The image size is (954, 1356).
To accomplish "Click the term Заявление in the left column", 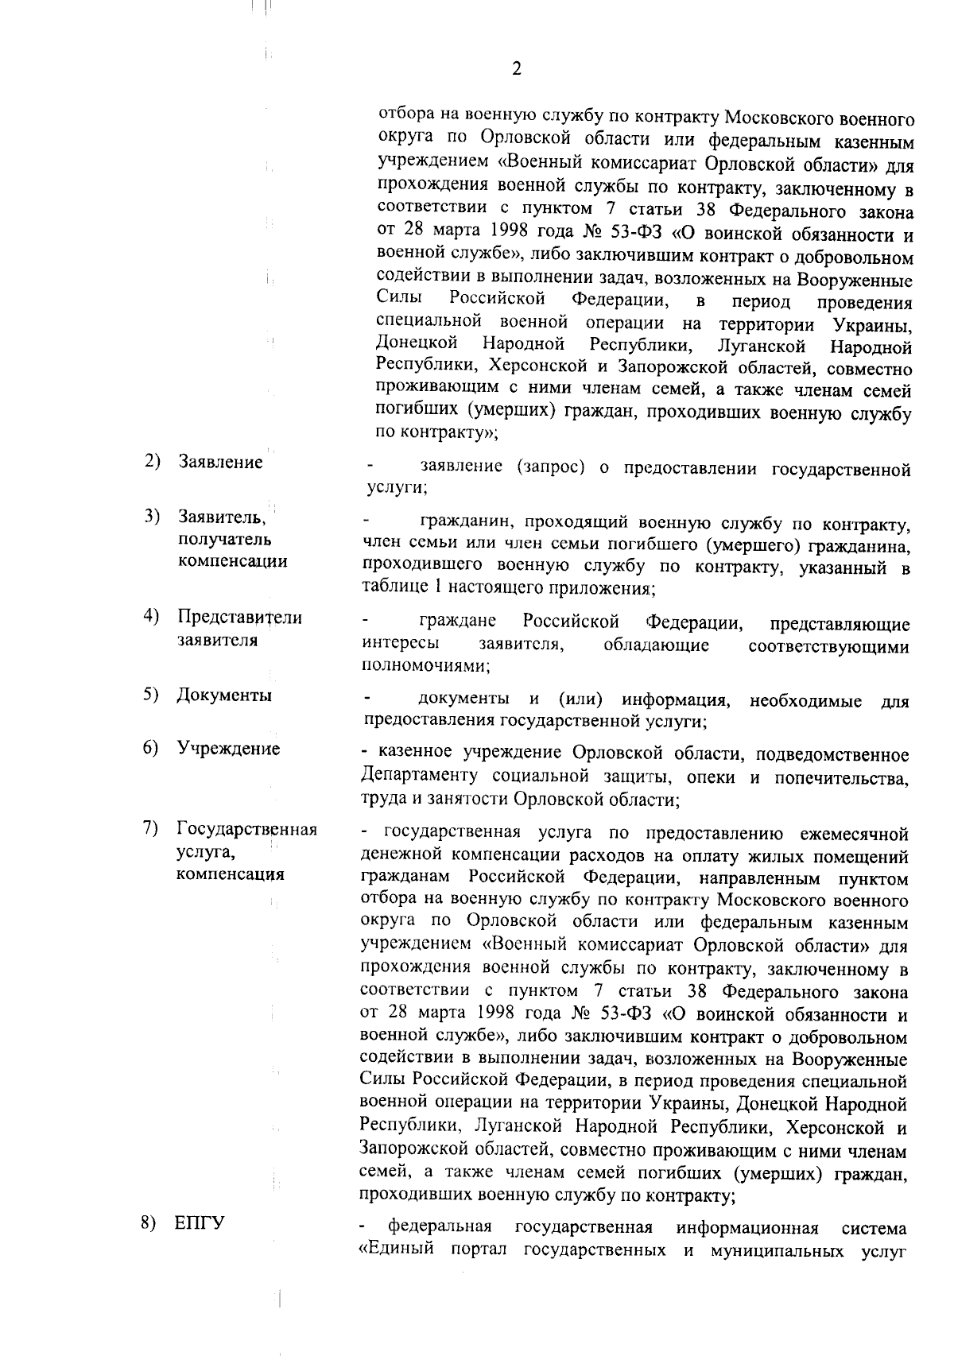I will pyautogui.click(x=220, y=463).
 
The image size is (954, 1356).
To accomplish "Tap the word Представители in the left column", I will pyautogui.click(x=239, y=618).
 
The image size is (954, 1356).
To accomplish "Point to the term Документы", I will pyautogui.click(x=224, y=695).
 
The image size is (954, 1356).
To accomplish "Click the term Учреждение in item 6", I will pyautogui.click(x=228, y=749).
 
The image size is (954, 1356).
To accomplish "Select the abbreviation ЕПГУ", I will pyautogui.click(x=200, y=1246).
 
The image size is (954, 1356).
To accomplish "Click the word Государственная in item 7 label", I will pyautogui.click(x=246, y=830).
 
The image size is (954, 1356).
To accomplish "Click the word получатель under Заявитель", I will pyautogui.click(x=225, y=540).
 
